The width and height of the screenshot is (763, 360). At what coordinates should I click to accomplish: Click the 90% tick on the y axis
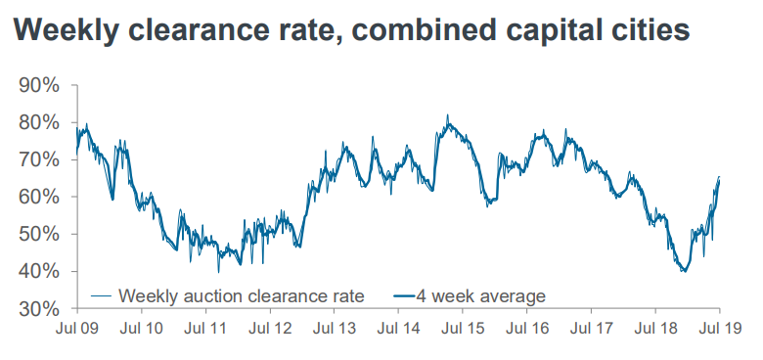38,85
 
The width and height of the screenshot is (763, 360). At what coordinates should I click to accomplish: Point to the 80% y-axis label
38,122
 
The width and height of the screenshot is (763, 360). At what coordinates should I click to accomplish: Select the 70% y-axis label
38,159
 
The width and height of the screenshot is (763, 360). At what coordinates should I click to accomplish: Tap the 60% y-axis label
38,197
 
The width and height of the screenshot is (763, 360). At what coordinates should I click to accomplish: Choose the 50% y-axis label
38,234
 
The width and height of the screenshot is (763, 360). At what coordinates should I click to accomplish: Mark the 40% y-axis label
38,271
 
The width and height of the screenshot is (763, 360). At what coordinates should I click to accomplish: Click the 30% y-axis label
38,308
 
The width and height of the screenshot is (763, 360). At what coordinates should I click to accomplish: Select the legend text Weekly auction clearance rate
240,294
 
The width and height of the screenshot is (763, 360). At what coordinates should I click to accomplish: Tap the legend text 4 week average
479,294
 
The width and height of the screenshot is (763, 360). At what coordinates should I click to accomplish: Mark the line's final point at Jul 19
720,177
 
